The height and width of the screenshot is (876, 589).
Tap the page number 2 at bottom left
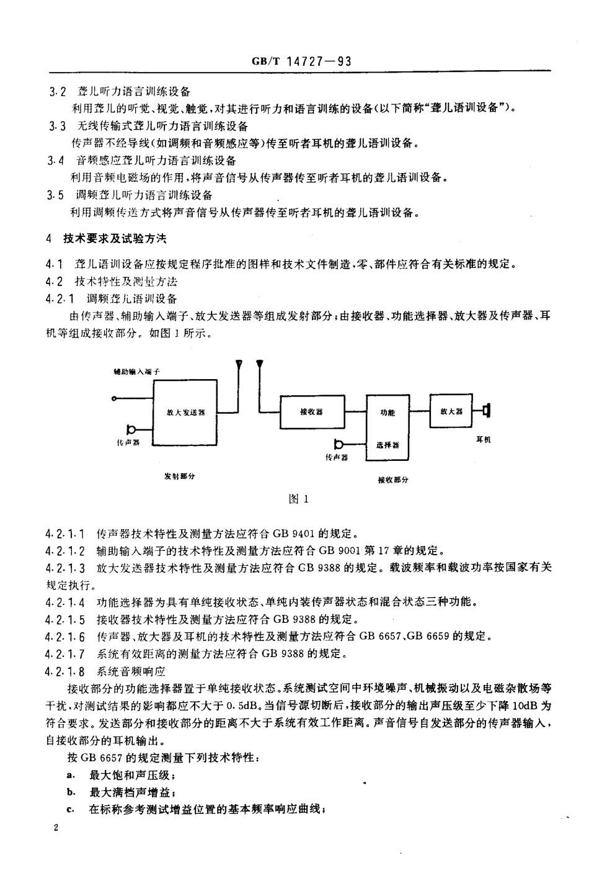tap(56, 828)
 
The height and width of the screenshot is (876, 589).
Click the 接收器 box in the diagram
tap(311, 412)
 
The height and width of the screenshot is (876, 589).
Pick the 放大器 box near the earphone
tap(451, 410)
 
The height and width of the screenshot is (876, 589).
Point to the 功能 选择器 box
tap(387, 427)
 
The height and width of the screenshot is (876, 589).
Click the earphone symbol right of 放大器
tap(485, 410)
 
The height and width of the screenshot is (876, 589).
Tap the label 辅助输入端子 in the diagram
tap(137, 372)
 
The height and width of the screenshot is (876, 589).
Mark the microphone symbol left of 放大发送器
tap(131, 429)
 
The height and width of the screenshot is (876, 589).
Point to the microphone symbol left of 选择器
tap(339, 444)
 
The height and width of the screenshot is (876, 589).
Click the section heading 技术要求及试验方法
tap(115, 238)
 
